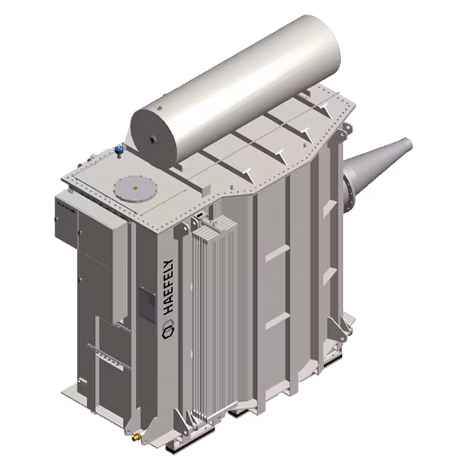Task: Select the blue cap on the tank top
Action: [x=118, y=151]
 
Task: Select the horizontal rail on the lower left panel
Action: [x=102, y=349]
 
